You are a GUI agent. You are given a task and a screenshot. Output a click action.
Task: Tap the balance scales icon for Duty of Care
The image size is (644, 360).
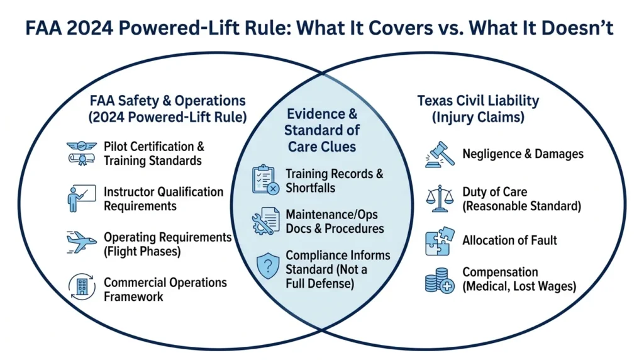click(438, 198)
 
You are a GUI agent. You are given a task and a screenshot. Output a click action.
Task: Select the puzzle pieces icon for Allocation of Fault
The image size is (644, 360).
click(438, 241)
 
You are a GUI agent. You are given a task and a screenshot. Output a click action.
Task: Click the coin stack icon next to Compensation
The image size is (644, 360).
click(438, 279)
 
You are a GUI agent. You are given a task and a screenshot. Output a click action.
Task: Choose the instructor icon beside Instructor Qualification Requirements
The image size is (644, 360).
click(80, 198)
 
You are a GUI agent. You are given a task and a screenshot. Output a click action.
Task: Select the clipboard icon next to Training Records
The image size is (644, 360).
click(264, 180)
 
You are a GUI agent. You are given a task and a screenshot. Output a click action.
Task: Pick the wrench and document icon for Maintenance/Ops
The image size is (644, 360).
click(264, 220)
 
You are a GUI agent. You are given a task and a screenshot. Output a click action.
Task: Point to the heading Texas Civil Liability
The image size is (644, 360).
click(478, 101)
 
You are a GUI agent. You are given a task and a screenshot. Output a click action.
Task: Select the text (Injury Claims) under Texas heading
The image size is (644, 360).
click(478, 116)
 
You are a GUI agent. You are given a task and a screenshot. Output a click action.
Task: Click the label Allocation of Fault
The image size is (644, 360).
click(509, 240)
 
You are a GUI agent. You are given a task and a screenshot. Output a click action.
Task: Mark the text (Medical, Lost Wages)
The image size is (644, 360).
click(519, 286)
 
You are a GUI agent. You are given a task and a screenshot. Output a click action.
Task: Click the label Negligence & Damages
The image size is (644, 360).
click(523, 154)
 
